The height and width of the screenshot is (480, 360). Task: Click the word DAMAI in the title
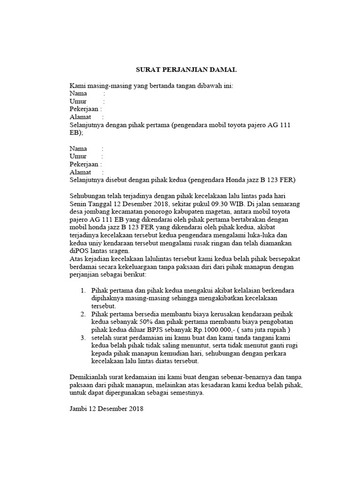point(223,70)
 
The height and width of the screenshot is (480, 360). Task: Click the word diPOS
point(80,251)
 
